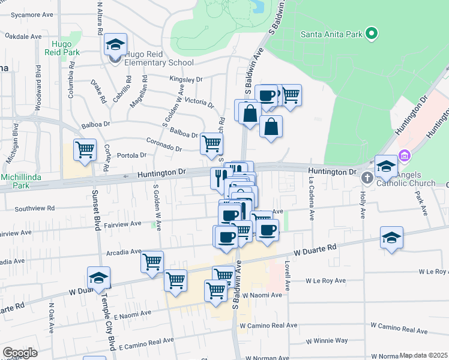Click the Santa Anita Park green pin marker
(x=372, y=34)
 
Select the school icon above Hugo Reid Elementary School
(x=115, y=44)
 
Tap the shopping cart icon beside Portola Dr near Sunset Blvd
(x=85, y=149)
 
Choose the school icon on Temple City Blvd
(x=98, y=278)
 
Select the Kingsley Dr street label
(x=186, y=79)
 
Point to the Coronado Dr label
(x=164, y=145)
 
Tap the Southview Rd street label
(x=35, y=209)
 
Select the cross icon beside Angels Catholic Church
(x=367, y=178)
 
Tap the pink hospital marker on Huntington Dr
(x=405, y=156)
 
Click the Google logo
(x=20, y=353)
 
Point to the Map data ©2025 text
(x=423, y=355)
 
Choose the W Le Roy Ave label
(x=326, y=280)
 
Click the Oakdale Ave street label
(x=23, y=37)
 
